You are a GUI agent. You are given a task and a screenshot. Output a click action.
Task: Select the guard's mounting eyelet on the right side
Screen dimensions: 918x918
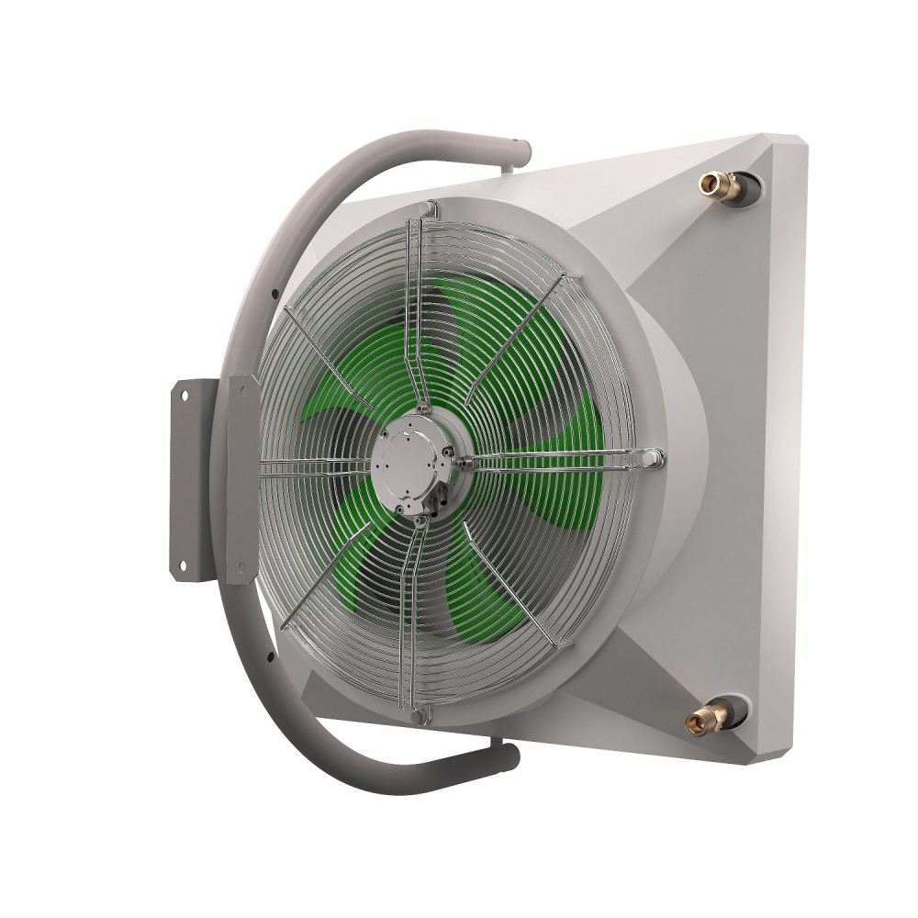click(651, 455)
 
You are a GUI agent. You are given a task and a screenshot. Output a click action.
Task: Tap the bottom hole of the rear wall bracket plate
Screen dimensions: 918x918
click(183, 564)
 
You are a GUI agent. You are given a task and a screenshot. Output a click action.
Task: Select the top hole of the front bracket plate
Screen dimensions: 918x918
click(243, 390)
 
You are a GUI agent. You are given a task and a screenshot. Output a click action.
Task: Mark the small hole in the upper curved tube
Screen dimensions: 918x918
click(274, 294)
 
